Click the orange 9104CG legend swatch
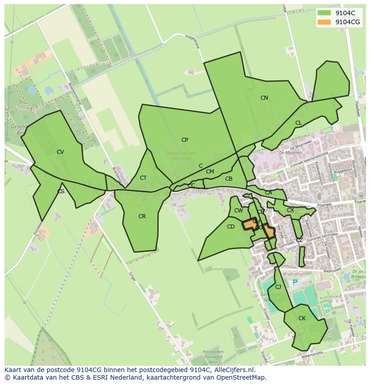pos(324,22)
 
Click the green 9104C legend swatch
pos(324,13)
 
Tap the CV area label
pos(60,152)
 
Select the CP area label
pos(185,140)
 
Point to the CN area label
pos(264,98)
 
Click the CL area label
pos(299,123)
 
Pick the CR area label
pos(142,216)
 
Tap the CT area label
pos(143,178)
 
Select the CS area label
pos(61,191)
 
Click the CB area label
pos(229,179)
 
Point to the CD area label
pos(231,227)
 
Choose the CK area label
pos(302,318)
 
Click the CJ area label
pos(278,287)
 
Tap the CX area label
pos(290,210)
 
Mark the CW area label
pos(239,211)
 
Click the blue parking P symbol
pos(295,282)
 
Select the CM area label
pos(210,172)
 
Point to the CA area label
pos(269,193)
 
